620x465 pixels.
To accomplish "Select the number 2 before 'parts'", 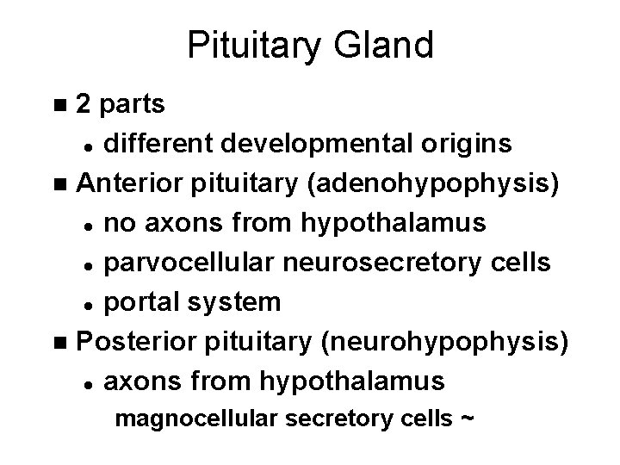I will point(84,106).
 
